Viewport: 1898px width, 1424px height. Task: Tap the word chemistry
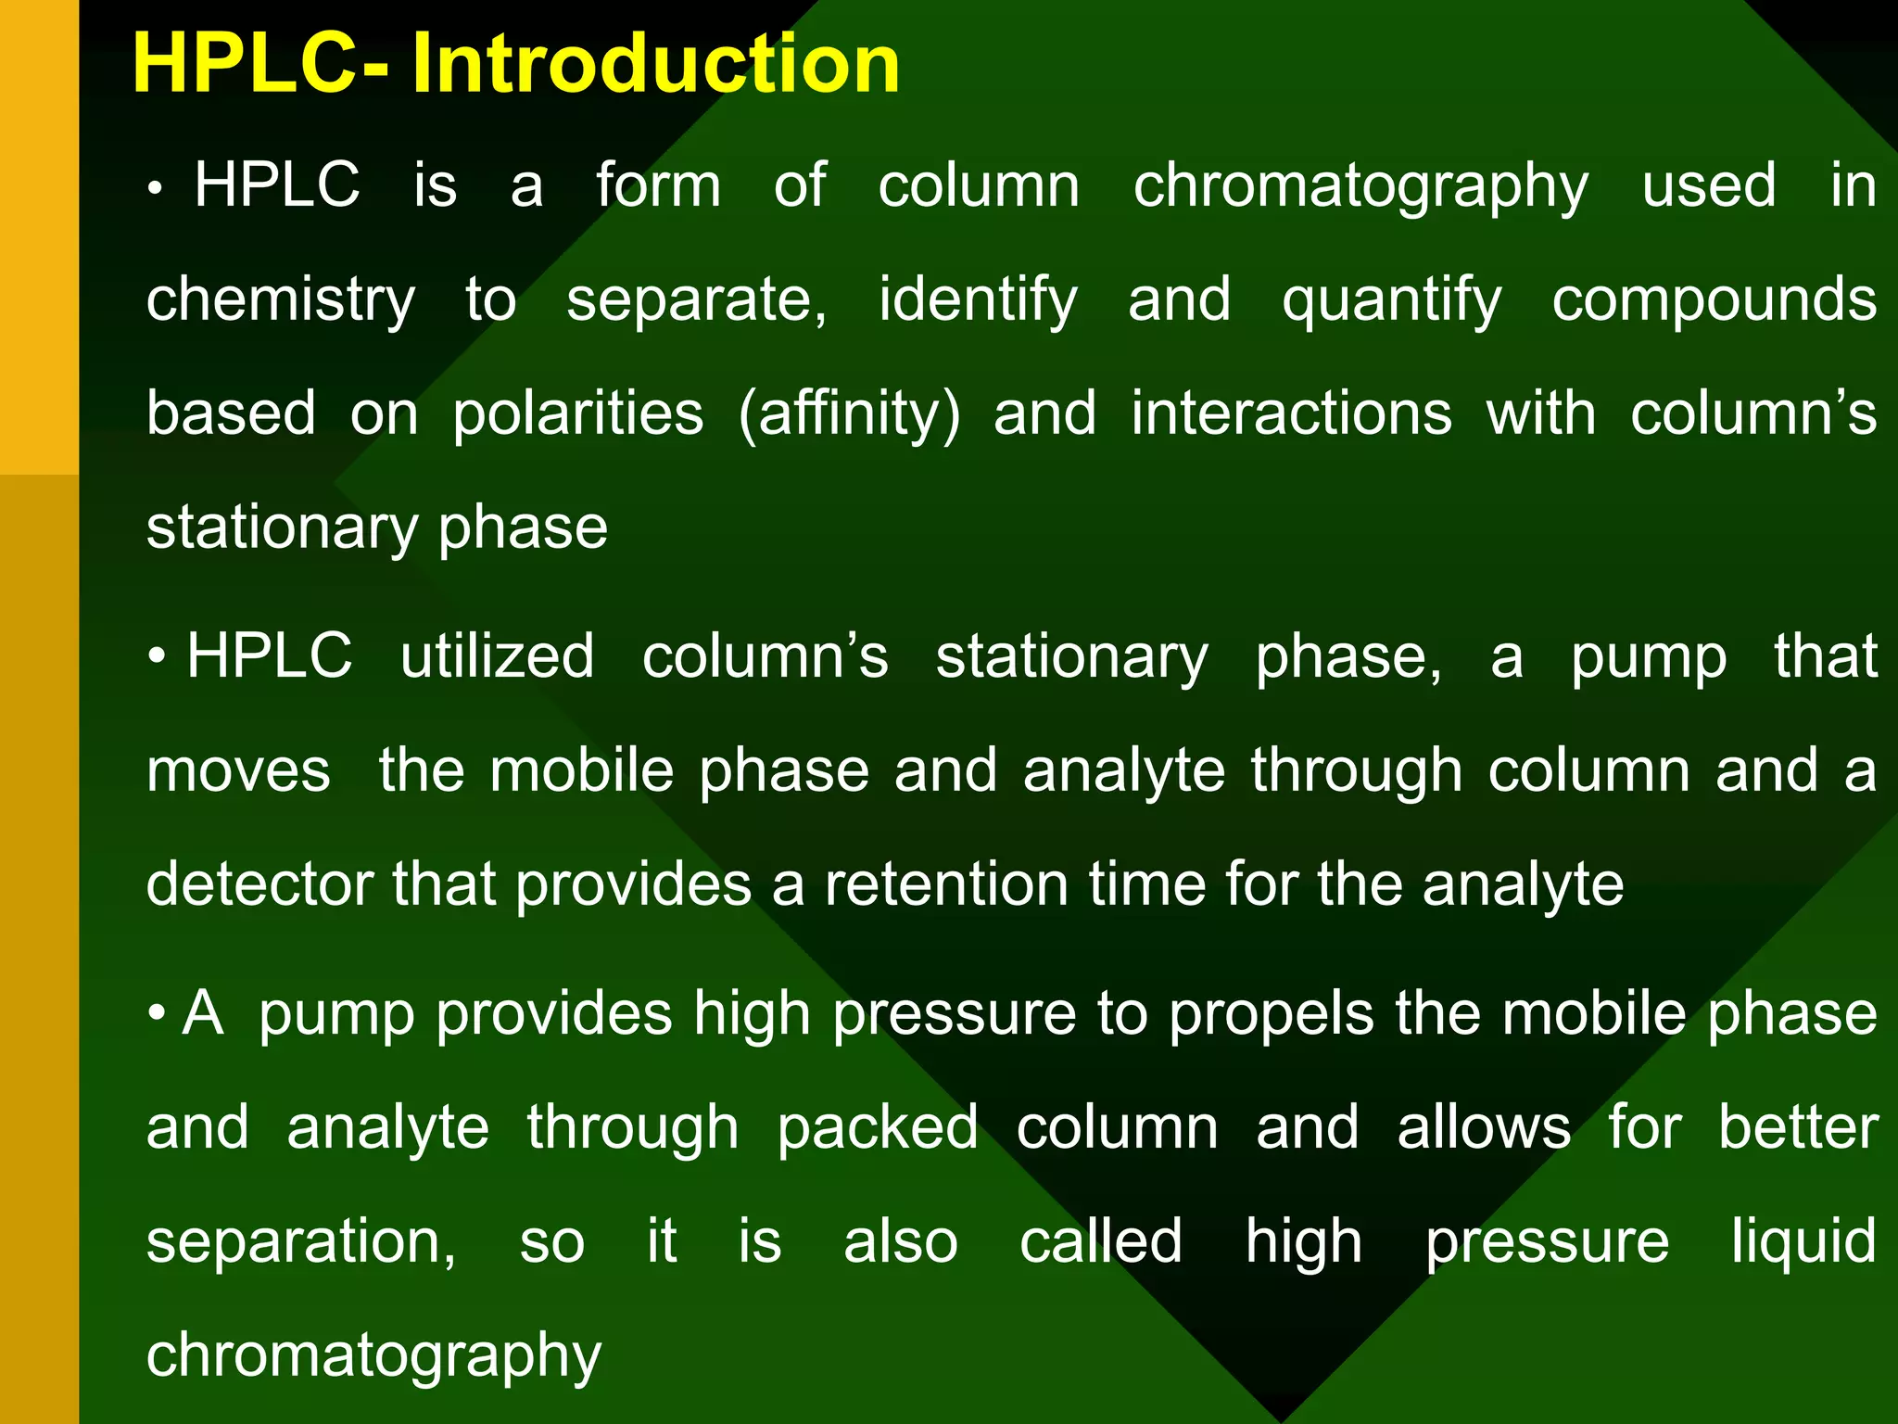click(281, 301)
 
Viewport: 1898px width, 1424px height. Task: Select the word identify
click(978, 301)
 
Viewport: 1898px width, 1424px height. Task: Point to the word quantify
click(1391, 301)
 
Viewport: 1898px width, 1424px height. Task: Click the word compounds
click(1714, 301)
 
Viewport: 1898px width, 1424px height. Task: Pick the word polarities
click(577, 414)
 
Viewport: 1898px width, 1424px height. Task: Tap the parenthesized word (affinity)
click(849, 414)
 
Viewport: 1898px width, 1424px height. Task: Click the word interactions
click(1291, 414)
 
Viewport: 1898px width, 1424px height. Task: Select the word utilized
click(497, 657)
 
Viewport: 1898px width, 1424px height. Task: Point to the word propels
click(1271, 1014)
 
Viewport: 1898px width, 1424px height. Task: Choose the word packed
click(877, 1128)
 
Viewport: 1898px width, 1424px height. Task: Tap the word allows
click(1483, 1128)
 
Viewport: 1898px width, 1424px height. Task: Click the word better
click(1797, 1128)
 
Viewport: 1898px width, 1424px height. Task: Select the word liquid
click(1803, 1242)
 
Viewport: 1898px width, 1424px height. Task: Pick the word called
click(1100, 1242)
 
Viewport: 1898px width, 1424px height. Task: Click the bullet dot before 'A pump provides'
click(157, 1013)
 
